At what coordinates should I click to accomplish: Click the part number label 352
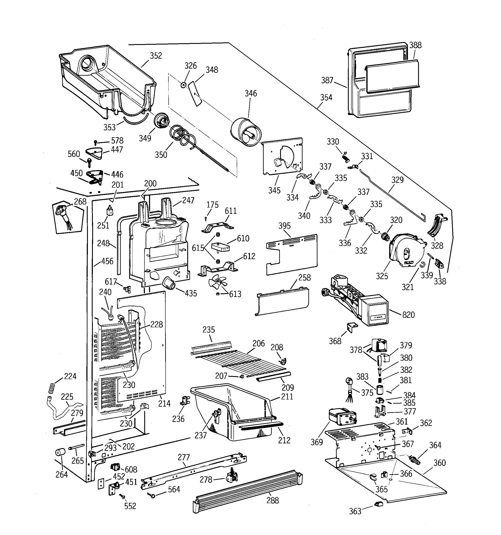click(x=156, y=56)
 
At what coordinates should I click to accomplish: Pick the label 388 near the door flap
click(x=415, y=45)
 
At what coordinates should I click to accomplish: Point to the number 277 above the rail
click(x=184, y=457)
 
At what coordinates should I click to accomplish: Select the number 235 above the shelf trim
click(x=208, y=330)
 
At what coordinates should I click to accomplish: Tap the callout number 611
click(x=230, y=211)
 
